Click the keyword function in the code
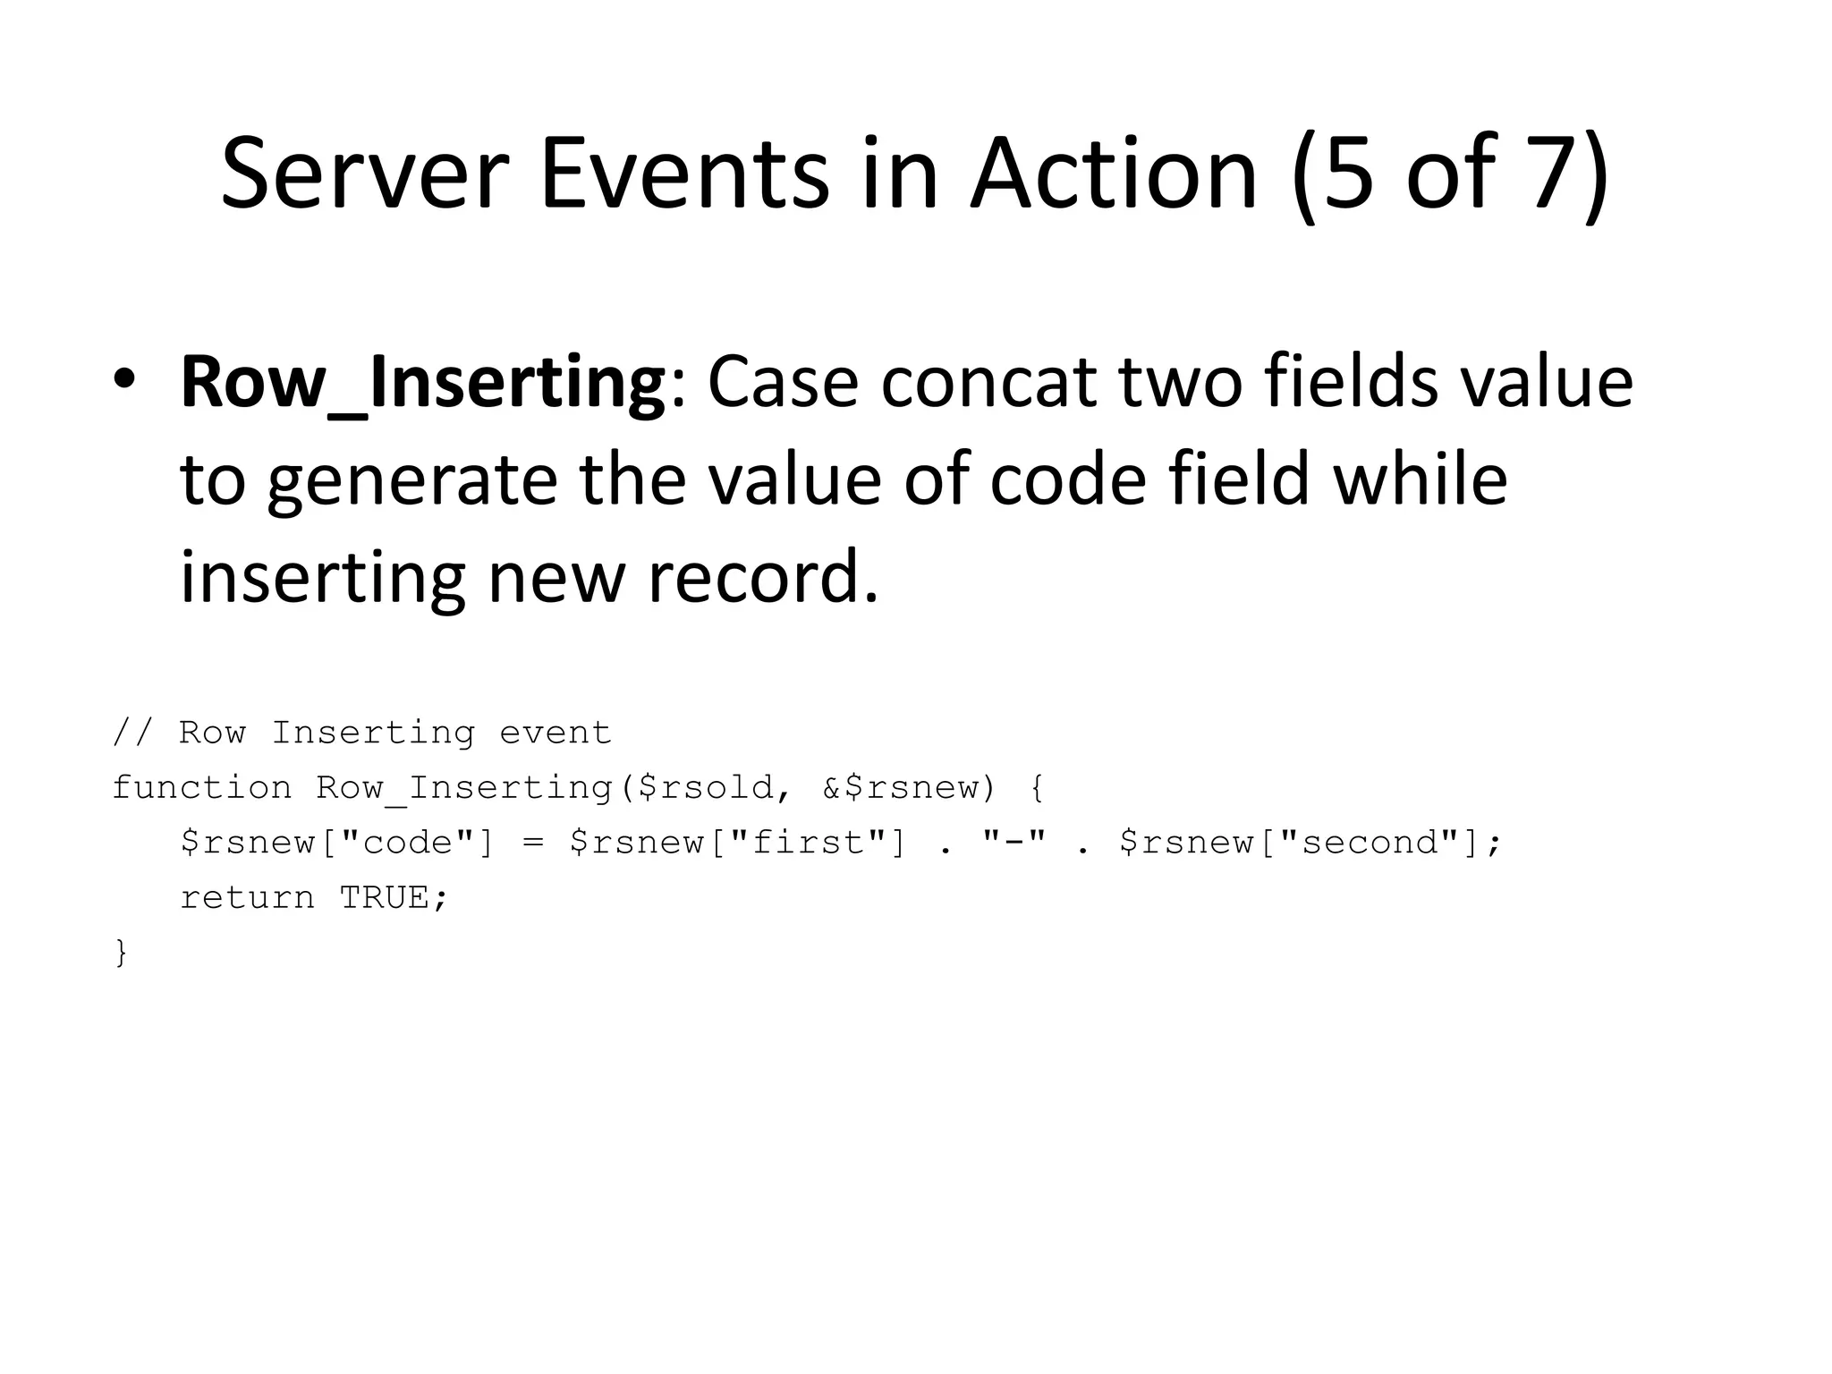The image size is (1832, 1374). point(202,787)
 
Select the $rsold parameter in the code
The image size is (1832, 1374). point(716,787)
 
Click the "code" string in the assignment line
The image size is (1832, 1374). point(407,843)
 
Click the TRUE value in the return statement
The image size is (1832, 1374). point(385,897)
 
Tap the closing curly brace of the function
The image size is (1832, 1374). point(122,953)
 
